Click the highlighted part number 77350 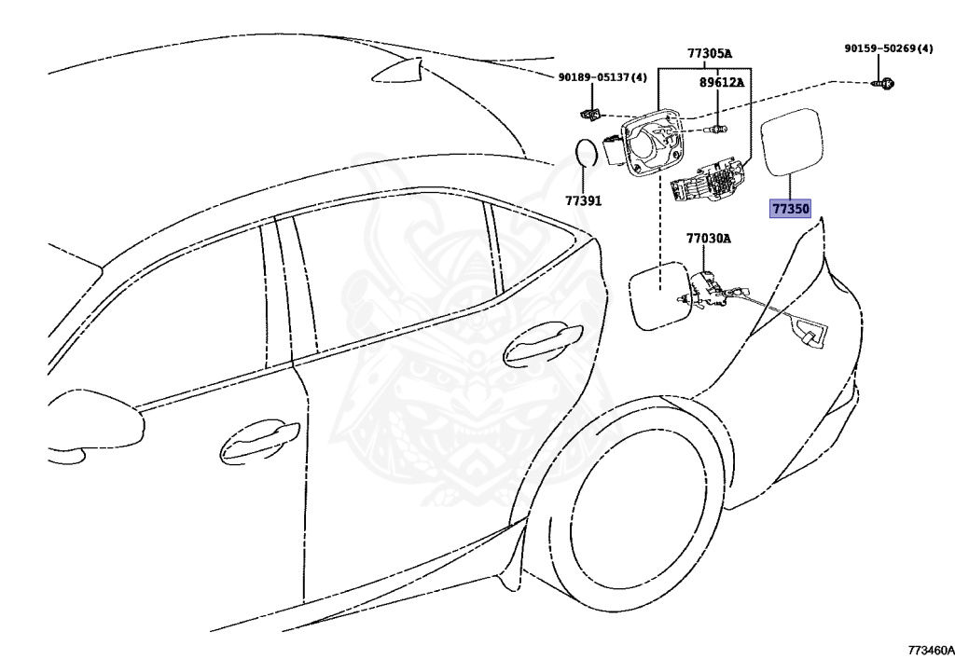(x=789, y=209)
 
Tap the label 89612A (x=722, y=82)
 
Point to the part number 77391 (x=583, y=200)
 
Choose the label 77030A (x=709, y=239)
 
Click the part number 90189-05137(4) (x=602, y=78)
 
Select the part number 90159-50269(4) (x=888, y=48)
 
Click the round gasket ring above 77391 (x=586, y=153)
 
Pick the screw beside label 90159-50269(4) (x=884, y=84)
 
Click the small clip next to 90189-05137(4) (x=588, y=116)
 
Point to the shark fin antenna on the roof (x=396, y=69)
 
